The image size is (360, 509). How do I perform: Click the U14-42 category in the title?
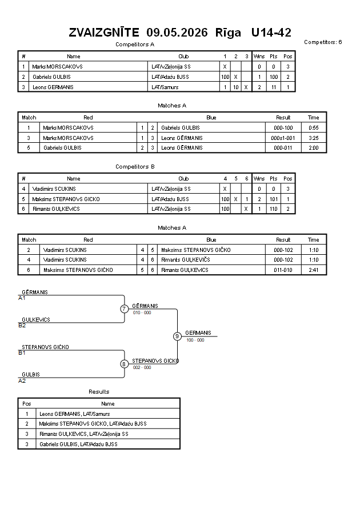click(x=271, y=33)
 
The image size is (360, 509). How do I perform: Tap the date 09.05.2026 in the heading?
click(x=177, y=33)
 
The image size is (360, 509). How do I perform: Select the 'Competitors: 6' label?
click(x=323, y=42)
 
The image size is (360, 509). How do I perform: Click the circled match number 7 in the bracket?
click(x=124, y=308)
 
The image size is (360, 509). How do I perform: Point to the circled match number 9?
click(x=177, y=336)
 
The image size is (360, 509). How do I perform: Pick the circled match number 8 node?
click(x=123, y=364)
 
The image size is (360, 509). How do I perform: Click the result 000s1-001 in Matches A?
click(x=283, y=138)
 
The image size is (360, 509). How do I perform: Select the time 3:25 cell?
click(x=314, y=138)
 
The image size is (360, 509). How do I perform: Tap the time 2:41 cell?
click(x=314, y=270)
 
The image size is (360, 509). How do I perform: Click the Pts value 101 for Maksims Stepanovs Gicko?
click(x=274, y=199)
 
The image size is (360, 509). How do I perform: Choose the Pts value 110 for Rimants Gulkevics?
click(x=274, y=209)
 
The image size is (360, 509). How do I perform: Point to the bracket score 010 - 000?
click(x=142, y=312)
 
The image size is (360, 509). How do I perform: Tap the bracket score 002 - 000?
click(x=142, y=367)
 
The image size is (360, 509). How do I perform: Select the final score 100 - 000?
click(x=195, y=340)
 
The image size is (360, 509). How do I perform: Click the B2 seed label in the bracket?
click(x=22, y=326)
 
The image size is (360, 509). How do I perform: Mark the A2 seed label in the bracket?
click(x=22, y=381)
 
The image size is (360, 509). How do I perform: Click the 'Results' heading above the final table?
click(x=99, y=392)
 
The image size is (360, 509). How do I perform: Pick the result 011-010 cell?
click(x=283, y=270)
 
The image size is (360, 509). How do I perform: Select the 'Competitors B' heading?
click(x=135, y=167)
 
